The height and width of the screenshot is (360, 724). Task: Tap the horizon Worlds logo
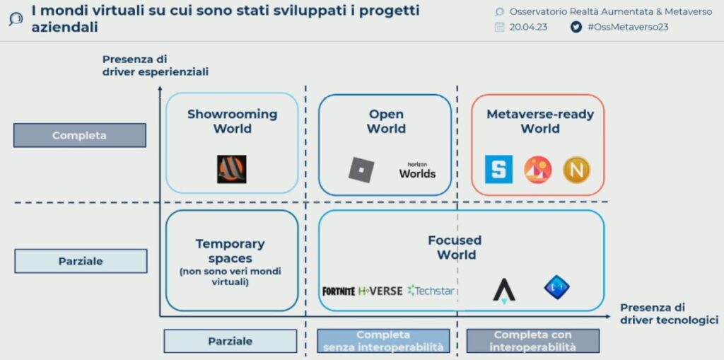(417, 170)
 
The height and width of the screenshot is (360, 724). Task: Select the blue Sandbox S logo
(498, 170)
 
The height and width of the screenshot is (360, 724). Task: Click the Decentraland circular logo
(537, 170)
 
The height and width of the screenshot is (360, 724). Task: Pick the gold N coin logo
(576, 170)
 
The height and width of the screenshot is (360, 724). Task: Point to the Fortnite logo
(339, 291)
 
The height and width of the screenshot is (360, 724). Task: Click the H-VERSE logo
(380, 291)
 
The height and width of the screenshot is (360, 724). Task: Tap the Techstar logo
(431, 291)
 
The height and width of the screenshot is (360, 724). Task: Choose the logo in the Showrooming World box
(231, 169)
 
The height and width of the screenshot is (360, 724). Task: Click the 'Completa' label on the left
(79, 135)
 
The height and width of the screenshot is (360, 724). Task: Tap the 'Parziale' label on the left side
(81, 261)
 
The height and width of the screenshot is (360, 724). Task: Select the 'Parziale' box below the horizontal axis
(230, 341)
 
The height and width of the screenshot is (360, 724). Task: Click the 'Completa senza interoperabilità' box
(383, 341)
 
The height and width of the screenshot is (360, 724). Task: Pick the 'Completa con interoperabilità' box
(532, 341)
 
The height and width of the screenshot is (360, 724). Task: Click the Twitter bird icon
(576, 27)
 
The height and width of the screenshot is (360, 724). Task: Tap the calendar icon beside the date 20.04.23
(499, 27)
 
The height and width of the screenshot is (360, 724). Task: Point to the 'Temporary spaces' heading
(230, 251)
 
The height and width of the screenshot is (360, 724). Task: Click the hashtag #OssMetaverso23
(628, 27)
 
